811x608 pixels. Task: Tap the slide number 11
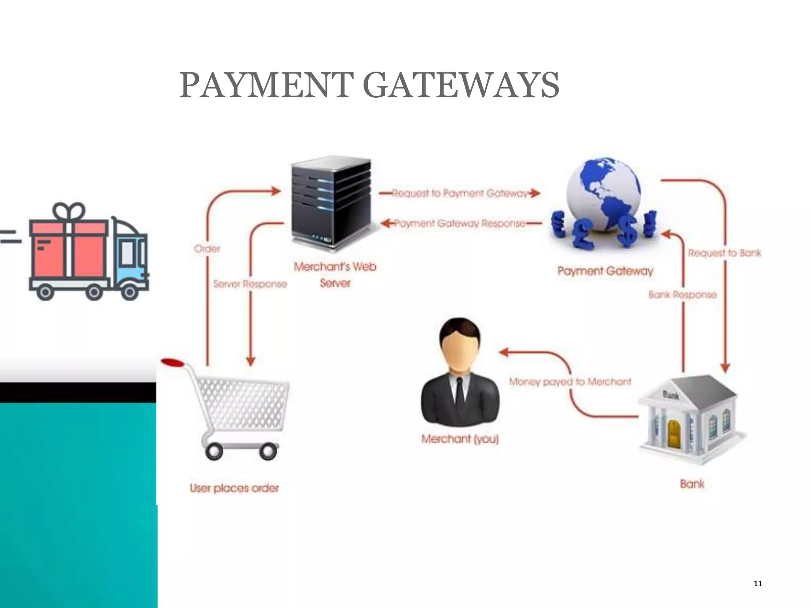pos(758,583)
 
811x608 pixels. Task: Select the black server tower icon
pos(331,202)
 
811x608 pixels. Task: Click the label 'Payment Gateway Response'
pos(459,223)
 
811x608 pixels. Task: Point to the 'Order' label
pos(207,249)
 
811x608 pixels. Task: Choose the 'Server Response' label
pos(249,284)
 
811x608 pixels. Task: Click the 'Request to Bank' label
pos(724,253)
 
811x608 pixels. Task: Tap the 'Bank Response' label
pos(682,294)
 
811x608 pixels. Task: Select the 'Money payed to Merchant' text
pos(570,382)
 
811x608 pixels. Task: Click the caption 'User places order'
pos(234,488)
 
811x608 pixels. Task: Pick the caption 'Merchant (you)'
pos(460,439)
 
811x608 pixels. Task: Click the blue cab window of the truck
pos(127,253)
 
